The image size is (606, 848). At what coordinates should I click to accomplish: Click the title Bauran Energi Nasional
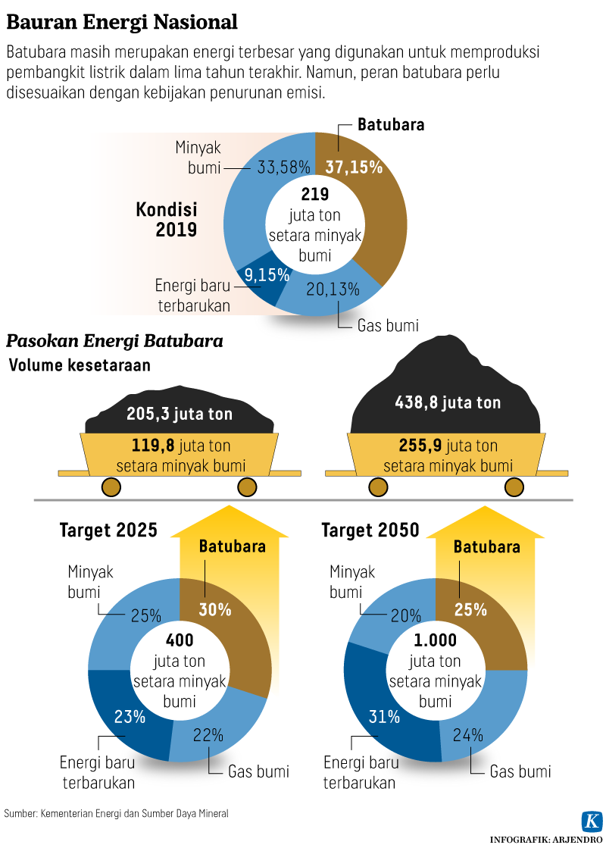[122, 22]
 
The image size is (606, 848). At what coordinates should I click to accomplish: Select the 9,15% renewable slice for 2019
[261, 277]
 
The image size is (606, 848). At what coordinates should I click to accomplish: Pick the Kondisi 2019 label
[166, 219]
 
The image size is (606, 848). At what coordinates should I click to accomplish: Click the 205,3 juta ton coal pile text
[180, 414]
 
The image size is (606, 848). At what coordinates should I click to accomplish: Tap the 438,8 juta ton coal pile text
[448, 402]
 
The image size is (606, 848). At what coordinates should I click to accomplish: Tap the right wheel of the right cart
[515, 487]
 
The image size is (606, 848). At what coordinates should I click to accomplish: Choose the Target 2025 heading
[108, 530]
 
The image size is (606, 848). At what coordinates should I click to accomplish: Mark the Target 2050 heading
[370, 530]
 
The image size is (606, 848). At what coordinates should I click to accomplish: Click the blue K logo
[591, 821]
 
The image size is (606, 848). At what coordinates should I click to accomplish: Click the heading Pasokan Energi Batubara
[114, 341]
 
